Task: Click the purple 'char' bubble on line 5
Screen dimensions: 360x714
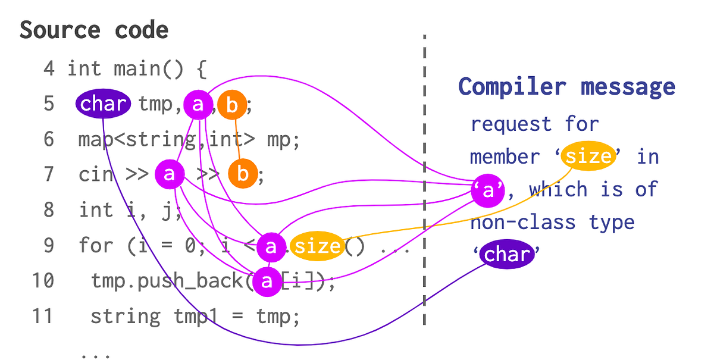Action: pyautogui.click(x=103, y=105)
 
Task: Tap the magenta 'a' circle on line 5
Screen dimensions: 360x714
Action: pyautogui.click(x=198, y=105)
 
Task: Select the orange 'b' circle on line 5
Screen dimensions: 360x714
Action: pyautogui.click(x=232, y=106)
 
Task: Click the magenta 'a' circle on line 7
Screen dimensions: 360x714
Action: pyautogui.click(x=170, y=174)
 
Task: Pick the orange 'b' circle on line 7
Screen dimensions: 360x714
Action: pyautogui.click(x=243, y=174)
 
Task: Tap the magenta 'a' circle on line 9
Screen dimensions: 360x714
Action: pyautogui.click(x=271, y=246)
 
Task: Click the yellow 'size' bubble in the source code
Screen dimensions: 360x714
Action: pyautogui.click(x=317, y=246)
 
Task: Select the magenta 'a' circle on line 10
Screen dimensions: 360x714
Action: pyautogui.click(x=267, y=281)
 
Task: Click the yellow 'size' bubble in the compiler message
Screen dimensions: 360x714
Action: pyautogui.click(x=588, y=156)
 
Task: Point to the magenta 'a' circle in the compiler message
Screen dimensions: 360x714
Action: pyautogui.click(x=488, y=190)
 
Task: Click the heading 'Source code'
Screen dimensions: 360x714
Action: pyautogui.click(x=94, y=30)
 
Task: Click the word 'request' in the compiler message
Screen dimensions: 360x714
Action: pyautogui.click(x=503, y=125)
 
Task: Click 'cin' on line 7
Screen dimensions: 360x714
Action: pyautogui.click(x=95, y=175)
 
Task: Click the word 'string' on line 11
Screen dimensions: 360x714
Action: pyautogui.click(x=125, y=316)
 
